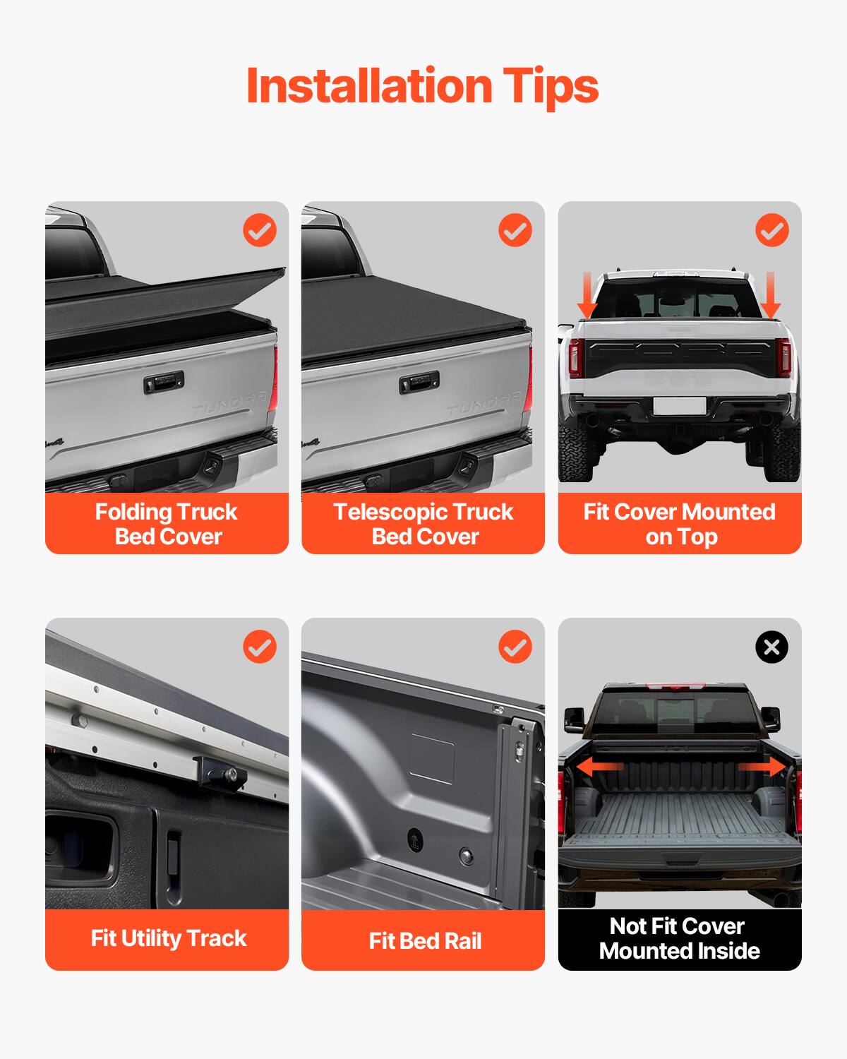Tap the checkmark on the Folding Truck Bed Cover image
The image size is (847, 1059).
260,230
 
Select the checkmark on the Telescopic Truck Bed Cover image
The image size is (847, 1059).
515,230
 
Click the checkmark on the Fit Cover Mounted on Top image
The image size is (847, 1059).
771,230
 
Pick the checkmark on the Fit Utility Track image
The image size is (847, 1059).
260,647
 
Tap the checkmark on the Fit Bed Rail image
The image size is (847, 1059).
515,647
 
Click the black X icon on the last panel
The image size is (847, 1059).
771,647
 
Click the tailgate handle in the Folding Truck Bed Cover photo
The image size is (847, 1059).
164,383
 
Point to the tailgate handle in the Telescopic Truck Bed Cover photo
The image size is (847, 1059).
419,383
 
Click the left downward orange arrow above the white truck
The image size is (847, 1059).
587,295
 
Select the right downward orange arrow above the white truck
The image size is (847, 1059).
770,295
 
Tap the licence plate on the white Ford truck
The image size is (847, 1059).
679,405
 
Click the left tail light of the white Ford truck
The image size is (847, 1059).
575,357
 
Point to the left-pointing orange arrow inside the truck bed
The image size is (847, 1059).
599,767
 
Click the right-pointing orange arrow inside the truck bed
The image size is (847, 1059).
762,767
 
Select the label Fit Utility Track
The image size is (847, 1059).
168,938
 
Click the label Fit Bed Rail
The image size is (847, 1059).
424,940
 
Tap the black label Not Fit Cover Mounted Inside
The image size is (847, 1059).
679,938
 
